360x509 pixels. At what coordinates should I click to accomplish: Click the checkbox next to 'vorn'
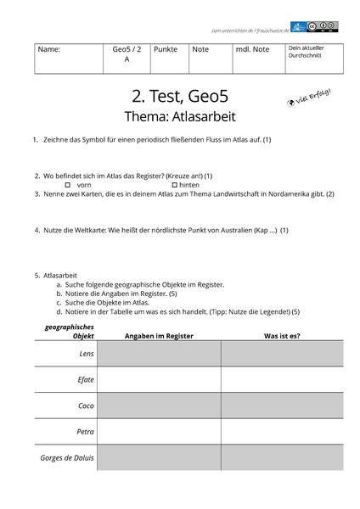pyautogui.click(x=68, y=184)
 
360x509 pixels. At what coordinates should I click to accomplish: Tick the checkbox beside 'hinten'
pyautogui.click(x=173, y=184)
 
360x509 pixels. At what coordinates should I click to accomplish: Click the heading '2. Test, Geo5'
pyautogui.click(x=180, y=95)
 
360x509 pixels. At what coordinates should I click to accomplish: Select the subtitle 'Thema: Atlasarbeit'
pyautogui.click(x=180, y=115)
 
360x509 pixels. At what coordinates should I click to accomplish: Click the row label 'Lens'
pyautogui.click(x=86, y=353)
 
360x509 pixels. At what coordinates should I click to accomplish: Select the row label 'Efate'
pyautogui.click(x=86, y=380)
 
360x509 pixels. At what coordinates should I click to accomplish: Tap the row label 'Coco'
pyautogui.click(x=86, y=406)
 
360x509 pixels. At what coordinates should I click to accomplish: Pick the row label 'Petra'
pyautogui.click(x=85, y=432)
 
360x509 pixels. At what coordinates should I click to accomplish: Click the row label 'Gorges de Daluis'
pyautogui.click(x=67, y=458)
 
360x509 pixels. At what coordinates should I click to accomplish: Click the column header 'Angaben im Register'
pyautogui.click(x=159, y=336)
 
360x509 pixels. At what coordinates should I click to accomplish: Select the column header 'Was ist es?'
pyautogui.click(x=282, y=336)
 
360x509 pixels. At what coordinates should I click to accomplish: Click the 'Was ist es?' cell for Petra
pyautogui.click(x=282, y=432)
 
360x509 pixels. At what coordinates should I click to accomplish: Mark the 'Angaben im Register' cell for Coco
pyautogui.click(x=159, y=406)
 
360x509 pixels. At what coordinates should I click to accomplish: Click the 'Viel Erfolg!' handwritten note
pyautogui.click(x=309, y=98)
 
